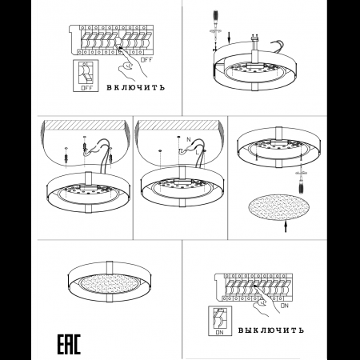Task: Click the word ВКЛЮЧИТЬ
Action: [x=136, y=87]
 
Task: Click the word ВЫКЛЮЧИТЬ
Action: [x=271, y=330]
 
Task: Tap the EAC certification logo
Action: [x=69, y=344]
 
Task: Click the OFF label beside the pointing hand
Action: [x=146, y=60]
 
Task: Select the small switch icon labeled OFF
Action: [x=86, y=76]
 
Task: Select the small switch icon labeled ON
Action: [x=220, y=321]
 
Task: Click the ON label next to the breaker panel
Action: [x=285, y=306]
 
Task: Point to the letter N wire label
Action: [x=189, y=139]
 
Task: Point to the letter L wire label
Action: [x=197, y=153]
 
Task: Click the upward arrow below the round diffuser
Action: [x=286, y=227]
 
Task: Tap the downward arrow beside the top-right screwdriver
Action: [x=229, y=38]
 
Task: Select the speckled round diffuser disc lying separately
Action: [x=278, y=207]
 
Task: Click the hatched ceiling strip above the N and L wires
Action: [x=178, y=125]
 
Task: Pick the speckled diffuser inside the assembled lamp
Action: [x=110, y=283]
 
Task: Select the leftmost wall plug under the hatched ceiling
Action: [x=66, y=157]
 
